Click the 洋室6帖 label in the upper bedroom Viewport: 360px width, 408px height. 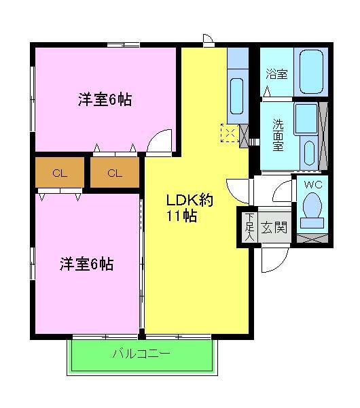coord(104,100)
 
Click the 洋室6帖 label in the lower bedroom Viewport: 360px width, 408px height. coord(86,263)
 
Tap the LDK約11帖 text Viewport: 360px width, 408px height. coord(190,209)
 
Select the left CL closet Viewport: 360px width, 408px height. coord(60,173)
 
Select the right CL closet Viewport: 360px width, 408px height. coord(114,173)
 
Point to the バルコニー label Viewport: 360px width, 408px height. coord(141,354)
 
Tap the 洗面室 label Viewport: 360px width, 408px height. coord(278,135)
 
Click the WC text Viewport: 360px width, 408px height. coord(312,184)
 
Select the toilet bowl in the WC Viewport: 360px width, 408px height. coord(312,208)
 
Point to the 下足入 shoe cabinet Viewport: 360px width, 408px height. coord(249,226)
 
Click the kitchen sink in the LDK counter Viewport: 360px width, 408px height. coord(237,90)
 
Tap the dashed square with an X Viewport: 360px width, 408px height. coord(230,134)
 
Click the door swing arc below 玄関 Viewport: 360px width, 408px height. coord(272,260)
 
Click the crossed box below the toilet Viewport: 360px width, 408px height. coord(312,237)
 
